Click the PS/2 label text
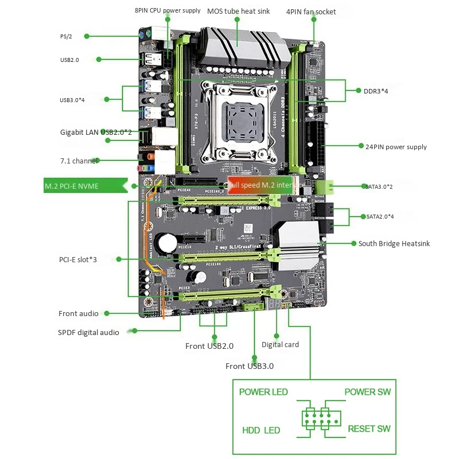point(66,37)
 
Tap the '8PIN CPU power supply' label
point(168,10)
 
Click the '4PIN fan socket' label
point(310,11)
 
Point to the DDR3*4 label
point(376,91)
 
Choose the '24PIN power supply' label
point(396,147)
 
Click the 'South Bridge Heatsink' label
point(394,243)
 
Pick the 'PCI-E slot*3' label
point(78,259)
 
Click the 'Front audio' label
point(78,313)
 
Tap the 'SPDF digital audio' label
point(88,332)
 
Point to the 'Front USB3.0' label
point(249,366)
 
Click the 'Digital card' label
point(280,344)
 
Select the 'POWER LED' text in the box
point(263,392)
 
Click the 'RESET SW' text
point(369,429)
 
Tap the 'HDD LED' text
point(261,430)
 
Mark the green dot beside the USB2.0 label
point(99,59)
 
